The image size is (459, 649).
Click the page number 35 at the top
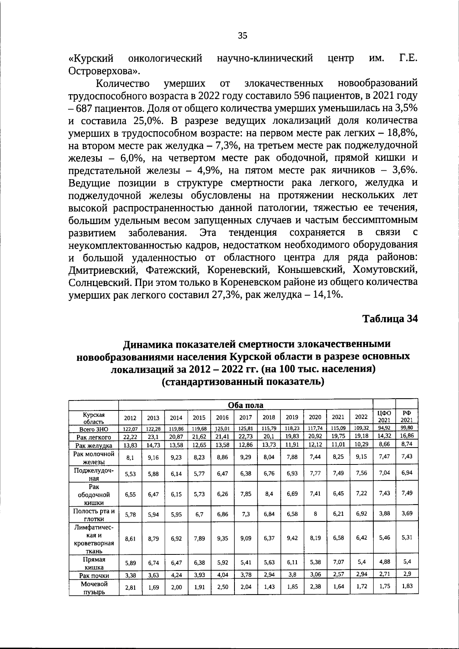point(243,36)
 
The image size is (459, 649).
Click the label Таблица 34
point(390,319)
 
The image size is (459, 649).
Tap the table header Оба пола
point(246,405)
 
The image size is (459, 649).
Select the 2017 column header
point(246,418)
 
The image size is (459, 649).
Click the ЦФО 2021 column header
point(384,417)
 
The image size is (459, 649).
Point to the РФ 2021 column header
point(406,417)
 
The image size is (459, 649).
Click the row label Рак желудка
point(94,445)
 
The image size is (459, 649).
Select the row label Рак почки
point(94,575)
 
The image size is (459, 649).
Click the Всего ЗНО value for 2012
point(130,429)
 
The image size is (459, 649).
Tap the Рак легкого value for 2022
point(361,436)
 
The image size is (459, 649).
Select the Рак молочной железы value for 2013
point(153,457)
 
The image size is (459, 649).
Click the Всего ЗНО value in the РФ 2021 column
point(407,428)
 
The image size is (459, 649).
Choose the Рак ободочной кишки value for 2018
point(269,494)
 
